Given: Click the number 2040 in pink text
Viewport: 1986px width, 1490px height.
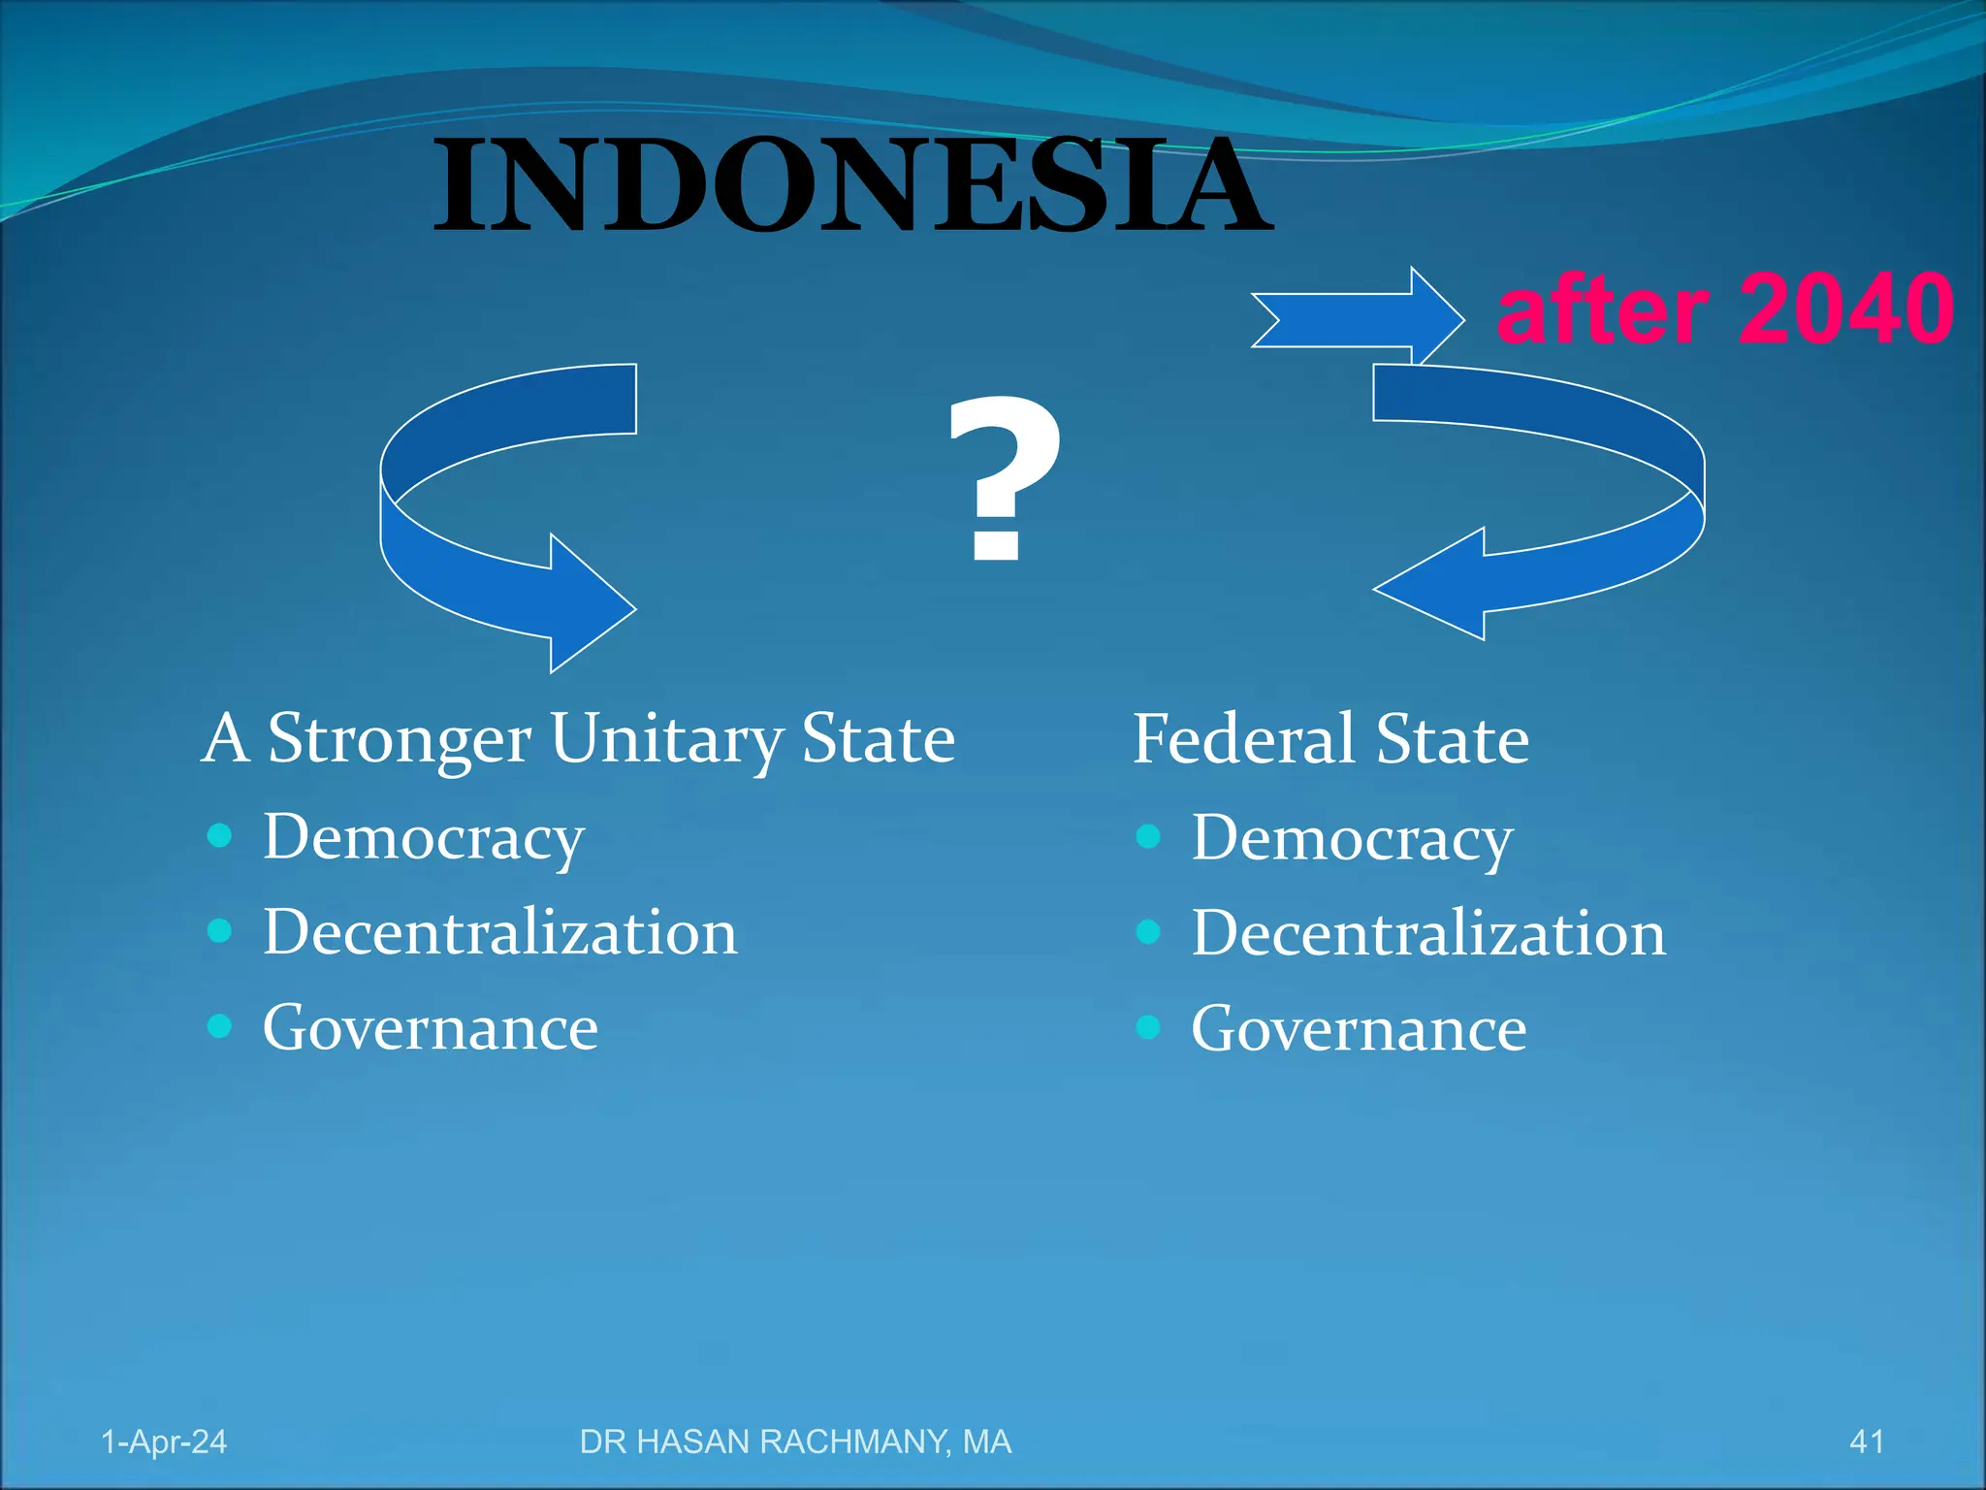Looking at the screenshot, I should [1845, 309].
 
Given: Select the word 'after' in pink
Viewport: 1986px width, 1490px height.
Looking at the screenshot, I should [1602, 311].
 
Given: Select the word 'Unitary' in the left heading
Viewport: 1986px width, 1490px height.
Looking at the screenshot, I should [667, 739].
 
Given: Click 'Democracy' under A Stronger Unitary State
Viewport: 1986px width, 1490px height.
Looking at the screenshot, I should [424, 838].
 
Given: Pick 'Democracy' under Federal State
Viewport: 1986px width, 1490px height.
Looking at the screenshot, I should [1352, 838].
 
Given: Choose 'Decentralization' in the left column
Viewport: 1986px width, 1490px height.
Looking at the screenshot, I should [500, 932].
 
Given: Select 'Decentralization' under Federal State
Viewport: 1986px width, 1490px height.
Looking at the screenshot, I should [1428, 933].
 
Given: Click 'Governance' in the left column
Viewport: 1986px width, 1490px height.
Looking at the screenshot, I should [431, 1028].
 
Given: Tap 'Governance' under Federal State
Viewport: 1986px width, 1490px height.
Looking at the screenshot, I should [1359, 1029].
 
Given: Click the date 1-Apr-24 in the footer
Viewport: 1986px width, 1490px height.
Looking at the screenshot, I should [164, 1442].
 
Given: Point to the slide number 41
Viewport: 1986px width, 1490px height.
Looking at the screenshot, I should [1867, 1442].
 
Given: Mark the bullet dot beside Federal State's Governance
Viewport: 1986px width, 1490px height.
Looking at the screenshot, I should [1148, 1026].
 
